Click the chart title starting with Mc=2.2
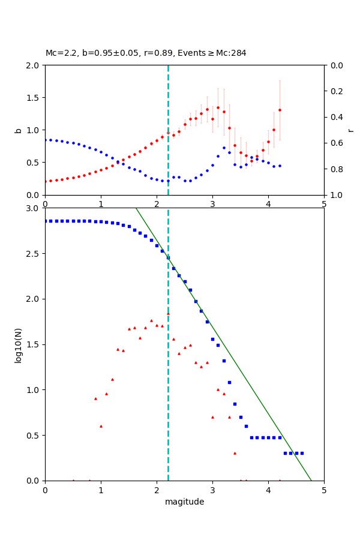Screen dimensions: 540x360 click(x=146, y=53)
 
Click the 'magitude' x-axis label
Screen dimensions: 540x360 click(x=184, y=502)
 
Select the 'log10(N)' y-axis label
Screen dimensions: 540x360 click(x=18, y=344)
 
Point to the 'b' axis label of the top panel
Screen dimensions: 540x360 click(x=18, y=130)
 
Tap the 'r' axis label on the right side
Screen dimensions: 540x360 click(x=351, y=130)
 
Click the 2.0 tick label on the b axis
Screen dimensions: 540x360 click(x=34, y=65)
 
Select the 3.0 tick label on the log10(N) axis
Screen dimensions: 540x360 click(x=34, y=208)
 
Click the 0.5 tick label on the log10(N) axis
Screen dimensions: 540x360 click(x=34, y=436)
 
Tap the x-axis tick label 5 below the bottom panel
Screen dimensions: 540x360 click(x=324, y=490)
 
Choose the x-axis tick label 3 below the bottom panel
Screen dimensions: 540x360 click(x=212, y=490)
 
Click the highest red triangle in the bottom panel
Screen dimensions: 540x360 click(x=168, y=313)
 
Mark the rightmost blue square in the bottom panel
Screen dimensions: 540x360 click(x=302, y=453)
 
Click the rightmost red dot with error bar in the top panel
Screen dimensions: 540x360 click(x=280, y=110)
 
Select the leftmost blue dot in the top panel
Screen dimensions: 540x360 click(x=45, y=140)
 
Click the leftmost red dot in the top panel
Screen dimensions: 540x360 click(x=45, y=181)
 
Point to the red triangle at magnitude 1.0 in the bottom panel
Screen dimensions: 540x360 click(x=101, y=426)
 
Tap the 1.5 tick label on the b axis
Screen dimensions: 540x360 click(x=34, y=98)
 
